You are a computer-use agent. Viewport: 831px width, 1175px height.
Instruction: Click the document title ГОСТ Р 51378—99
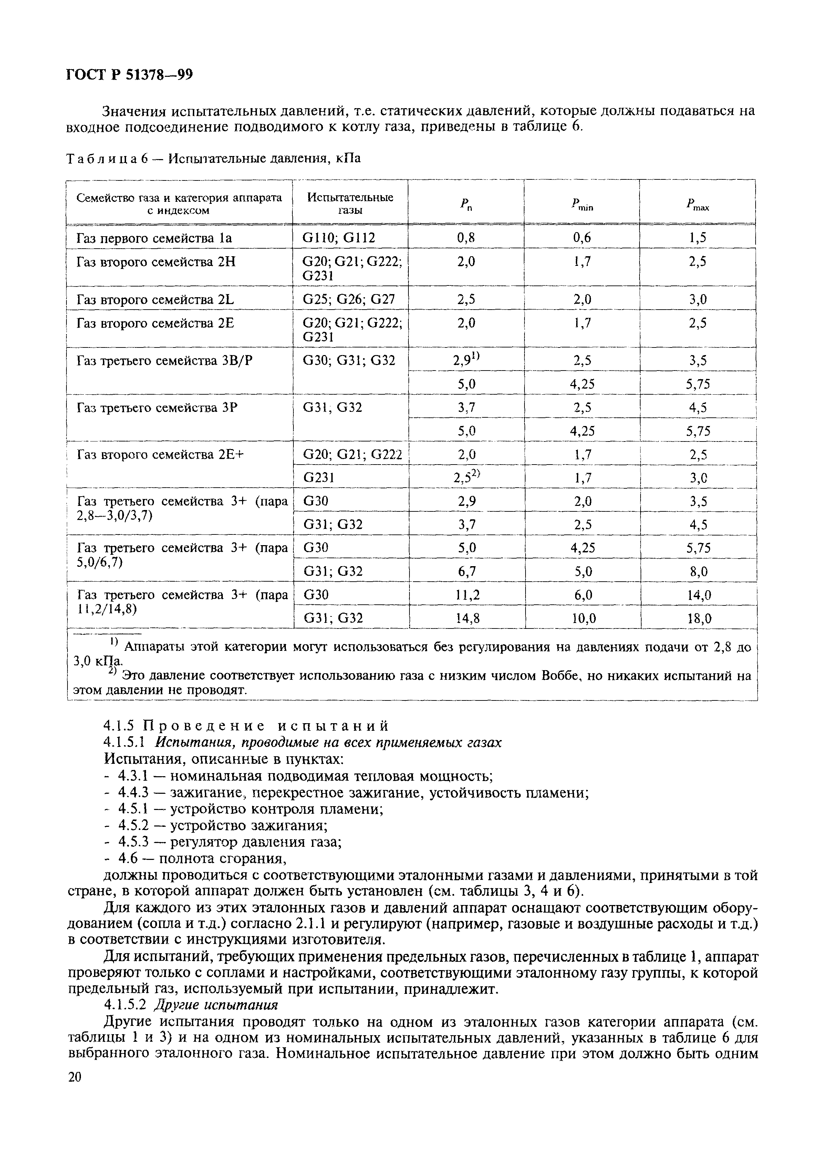click(129, 75)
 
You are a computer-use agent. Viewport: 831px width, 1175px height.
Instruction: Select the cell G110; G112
click(339, 238)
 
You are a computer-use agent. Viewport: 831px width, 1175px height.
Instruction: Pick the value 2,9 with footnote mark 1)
click(467, 360)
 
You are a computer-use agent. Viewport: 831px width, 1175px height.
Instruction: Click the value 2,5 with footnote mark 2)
click(467, 477)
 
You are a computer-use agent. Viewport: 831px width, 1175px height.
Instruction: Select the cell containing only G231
click(319, 477)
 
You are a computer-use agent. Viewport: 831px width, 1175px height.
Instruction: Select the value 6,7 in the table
click(467, 571)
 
